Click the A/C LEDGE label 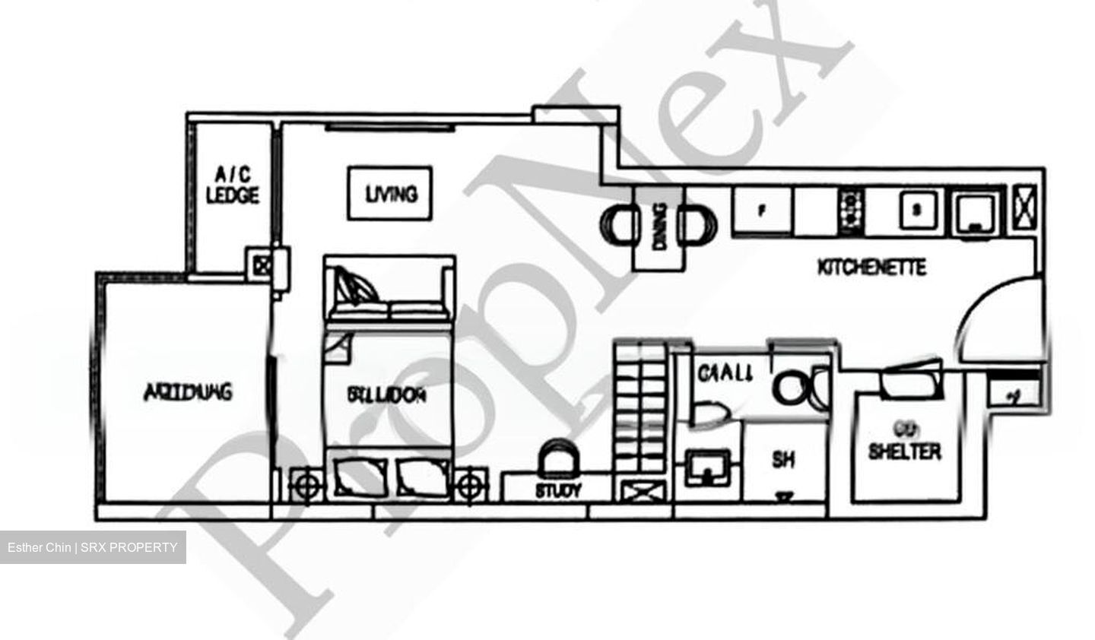point(233,185)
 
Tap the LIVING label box point(390,194)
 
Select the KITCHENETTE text point(871,268)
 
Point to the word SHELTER point(904,451)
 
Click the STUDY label point(557,491)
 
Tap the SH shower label point(784,460)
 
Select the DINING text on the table point(659,226)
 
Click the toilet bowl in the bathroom point(792,388)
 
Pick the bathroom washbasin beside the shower point(709,467)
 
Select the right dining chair point(699,225)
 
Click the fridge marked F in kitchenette point(763,211)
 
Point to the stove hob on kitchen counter point(851,211)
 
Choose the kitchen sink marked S point(917,210)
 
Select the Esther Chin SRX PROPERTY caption point(93,547)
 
